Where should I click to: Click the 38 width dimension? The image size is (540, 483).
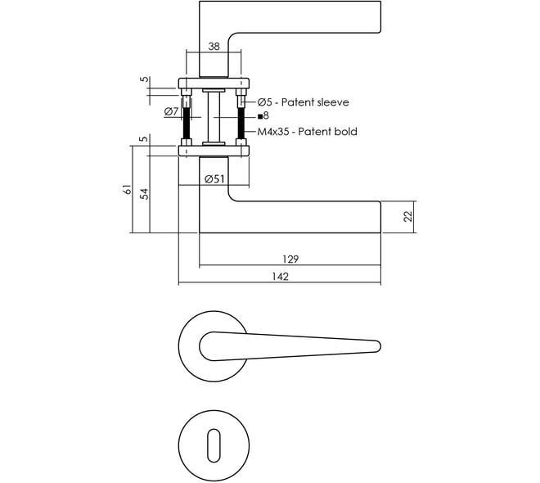pyautogui.click(x=214, y=46)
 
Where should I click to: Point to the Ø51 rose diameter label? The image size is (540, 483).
pyautogui.click(x=214, y=178)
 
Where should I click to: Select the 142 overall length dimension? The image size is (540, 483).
pyautogui.click(x=280, y=277)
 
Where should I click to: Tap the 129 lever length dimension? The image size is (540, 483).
pyautogui.click(x=290, y=259)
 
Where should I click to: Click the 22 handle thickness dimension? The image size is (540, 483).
pyautogui.click(x=407, y=216)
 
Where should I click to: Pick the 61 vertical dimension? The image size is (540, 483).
pyautogui.click(x=127, y=189)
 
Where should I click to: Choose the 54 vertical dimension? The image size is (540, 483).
pyautogui.click(x=145, y=194)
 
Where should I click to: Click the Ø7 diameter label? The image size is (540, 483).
pyautogui.click(x=171, y=111)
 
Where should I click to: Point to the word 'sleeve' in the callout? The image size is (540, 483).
pyautogui.click(x=333, y=102)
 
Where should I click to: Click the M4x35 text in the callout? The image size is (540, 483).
pyautogui.click(x=273, y=132)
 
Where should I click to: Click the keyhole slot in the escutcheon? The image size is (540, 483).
pyautogui.click(x=214, y=445)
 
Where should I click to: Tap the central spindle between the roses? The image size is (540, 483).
pyautogui.click(x=214, y=117)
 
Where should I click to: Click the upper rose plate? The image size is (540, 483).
pyautogui.click(x=214, y=84)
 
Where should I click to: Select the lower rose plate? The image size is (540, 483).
pyautogui.click(x=214, y=151)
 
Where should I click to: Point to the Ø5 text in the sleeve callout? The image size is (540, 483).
pyautogui.click(x=264, y=102)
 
